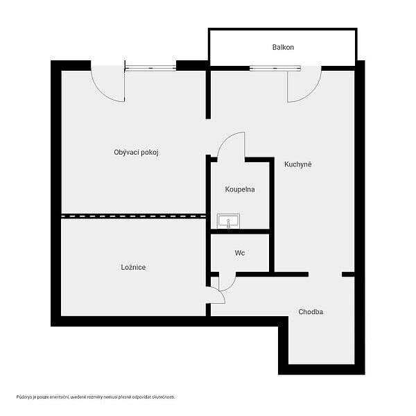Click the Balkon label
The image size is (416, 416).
(x=283, y=47)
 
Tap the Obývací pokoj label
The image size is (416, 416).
(x=136, y=153)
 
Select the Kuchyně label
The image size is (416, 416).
(x=297, y=164)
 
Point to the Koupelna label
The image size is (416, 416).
(x=240, y=189)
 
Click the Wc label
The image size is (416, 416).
(x=240, y=253)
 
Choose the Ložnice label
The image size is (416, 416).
(x=133, y=267)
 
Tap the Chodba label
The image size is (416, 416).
(x=311, y=312)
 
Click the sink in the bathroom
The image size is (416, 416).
(x=228, y=221)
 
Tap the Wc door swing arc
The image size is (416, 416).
(x=232, y=285)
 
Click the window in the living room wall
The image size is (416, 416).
(x=150, y=68)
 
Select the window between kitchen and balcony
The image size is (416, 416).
(x=275, y=69)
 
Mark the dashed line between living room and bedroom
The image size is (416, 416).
(x=134, y=216)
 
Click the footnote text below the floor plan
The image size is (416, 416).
(x=96, y=397)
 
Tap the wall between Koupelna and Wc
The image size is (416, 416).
(x=240, y=232)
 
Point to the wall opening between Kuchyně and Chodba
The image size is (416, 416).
(x=325, y=275)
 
